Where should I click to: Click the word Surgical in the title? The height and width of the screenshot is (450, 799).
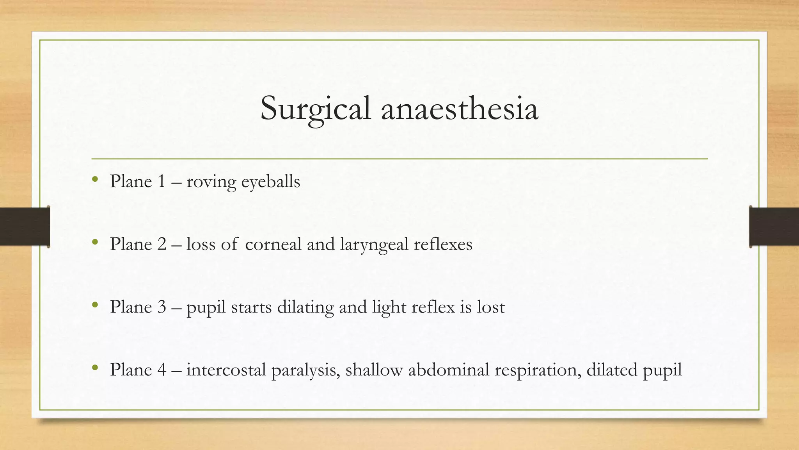pos(315,109)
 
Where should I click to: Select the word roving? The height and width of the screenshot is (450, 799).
pos(211,182)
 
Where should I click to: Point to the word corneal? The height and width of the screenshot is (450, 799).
pos(273,245)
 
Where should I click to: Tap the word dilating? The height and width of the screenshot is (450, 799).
pos(305,307)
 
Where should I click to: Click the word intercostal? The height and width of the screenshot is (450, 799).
pos(226,370)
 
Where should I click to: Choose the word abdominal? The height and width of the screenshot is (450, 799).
pos(449,370)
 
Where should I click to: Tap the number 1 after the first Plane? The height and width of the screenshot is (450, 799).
pos(162,182)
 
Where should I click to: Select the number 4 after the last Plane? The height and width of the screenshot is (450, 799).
pos(162,370)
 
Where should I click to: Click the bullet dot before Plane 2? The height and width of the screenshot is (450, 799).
pos(95,243)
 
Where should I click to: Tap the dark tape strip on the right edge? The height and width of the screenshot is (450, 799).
pos(774,227)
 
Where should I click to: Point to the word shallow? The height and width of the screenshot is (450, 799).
pos(374,370)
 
